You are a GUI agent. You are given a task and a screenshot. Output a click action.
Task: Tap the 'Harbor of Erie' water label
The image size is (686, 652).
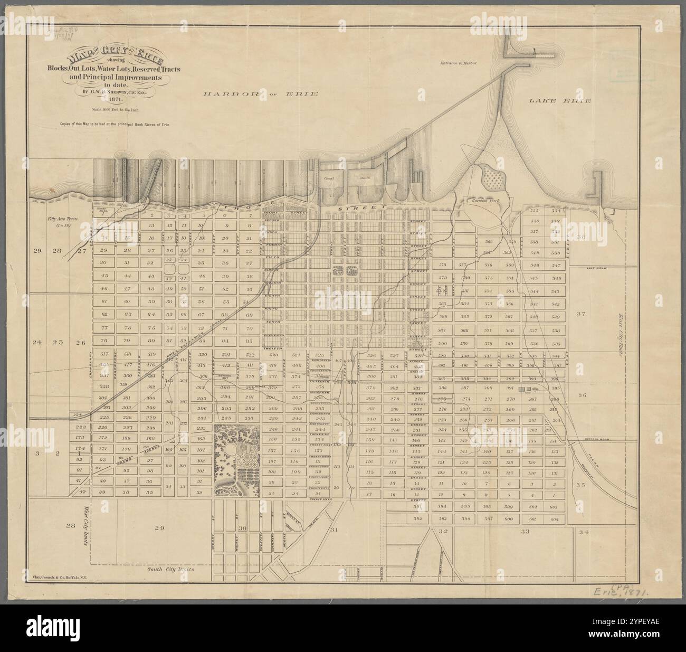pos(261,94)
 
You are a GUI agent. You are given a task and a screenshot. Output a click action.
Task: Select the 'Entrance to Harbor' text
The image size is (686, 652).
pos(459,63)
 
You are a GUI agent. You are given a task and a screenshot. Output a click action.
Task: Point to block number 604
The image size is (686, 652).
pos(554,519)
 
